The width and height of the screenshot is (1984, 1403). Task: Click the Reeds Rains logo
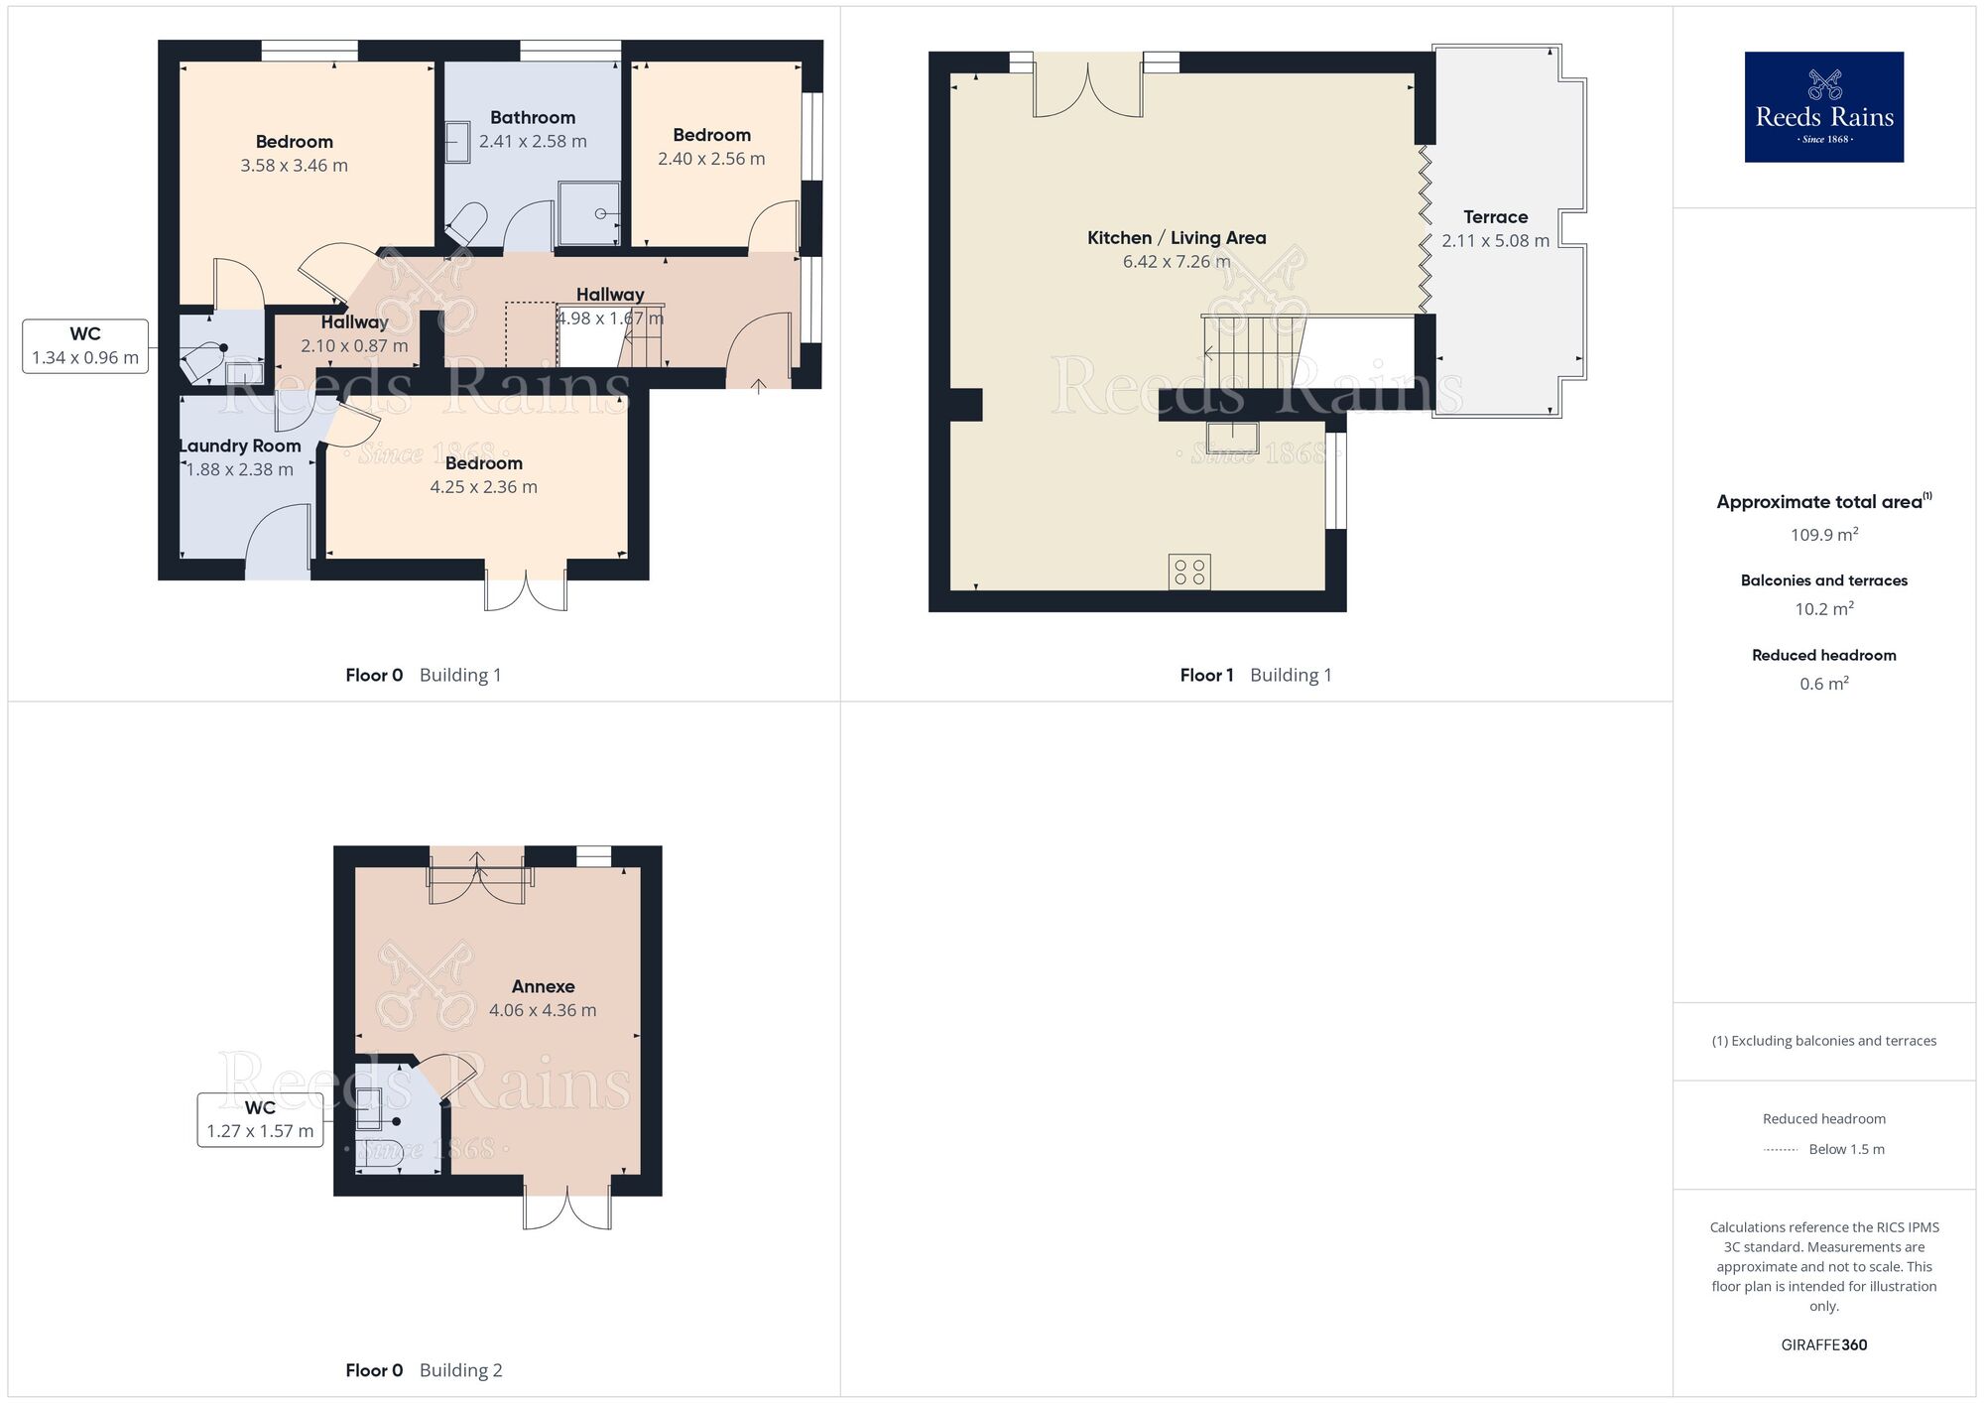coord(1823,107)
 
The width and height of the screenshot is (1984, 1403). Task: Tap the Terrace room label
coord(1495,217)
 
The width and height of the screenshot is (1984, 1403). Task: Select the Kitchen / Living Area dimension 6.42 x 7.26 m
coord(1176,262)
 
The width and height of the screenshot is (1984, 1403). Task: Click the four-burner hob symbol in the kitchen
coord(1188,572)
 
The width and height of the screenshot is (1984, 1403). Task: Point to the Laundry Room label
coord(240,446)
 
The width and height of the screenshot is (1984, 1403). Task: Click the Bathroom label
coord(533,118)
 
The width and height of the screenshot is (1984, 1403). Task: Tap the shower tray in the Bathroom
coord(589,213)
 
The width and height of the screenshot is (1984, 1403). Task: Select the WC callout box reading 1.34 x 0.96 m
coord(85,346)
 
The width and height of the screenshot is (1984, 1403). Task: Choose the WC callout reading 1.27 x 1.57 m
coord(260,1119)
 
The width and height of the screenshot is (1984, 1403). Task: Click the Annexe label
coord(543,986)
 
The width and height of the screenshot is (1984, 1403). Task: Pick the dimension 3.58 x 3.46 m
coord(294,166)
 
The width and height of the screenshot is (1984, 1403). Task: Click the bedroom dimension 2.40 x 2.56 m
coord(711,159)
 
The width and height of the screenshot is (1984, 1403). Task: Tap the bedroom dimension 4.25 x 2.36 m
coord(483,487)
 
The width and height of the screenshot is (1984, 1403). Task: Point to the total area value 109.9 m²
coord(1823,535)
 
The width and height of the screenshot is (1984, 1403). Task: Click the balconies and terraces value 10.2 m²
coord(1823,609)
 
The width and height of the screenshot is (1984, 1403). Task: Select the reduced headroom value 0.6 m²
coord(1823,684)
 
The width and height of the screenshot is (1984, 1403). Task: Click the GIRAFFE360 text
coord(1823,1345)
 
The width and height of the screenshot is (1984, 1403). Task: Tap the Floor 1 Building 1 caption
coord(1255,676)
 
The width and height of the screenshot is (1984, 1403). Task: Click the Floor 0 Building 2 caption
coord(424,1370)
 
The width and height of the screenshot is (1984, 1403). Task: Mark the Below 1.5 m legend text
coord(1845,1149)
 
